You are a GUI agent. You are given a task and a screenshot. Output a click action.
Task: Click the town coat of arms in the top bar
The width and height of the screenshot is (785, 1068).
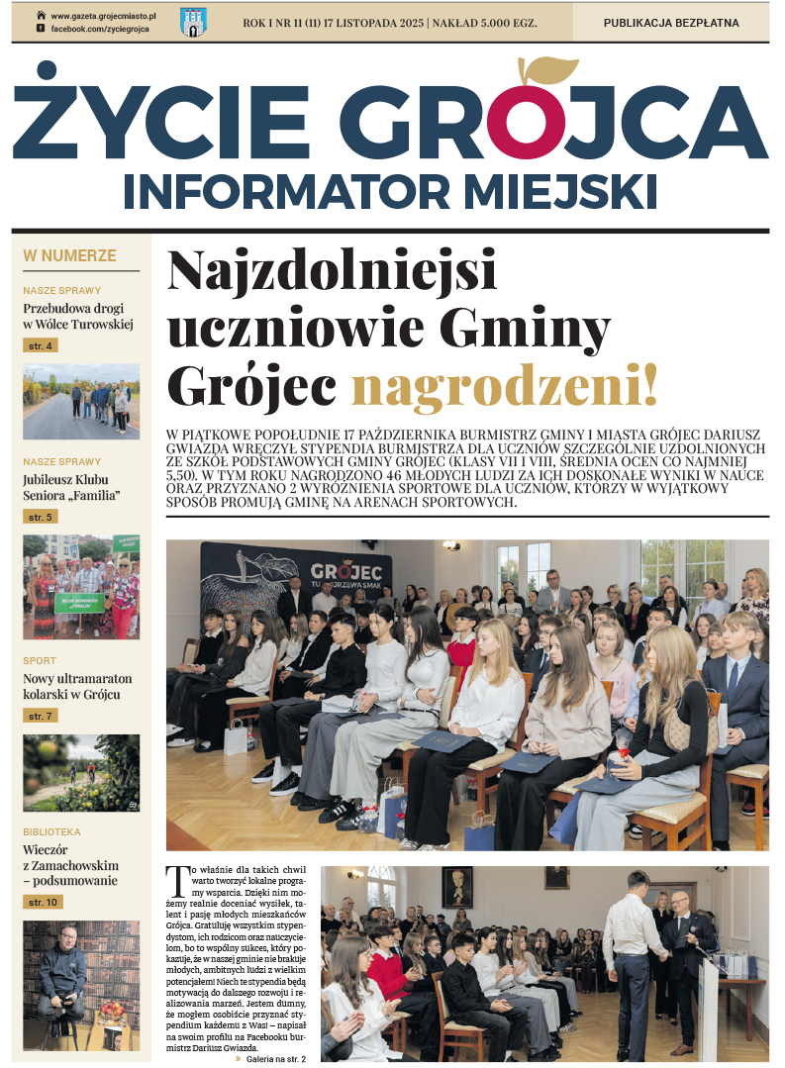pyautogui.click(x=193, y=22)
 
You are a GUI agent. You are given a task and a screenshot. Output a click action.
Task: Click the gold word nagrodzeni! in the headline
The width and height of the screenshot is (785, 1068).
pyautogui.click(x=505, y=387)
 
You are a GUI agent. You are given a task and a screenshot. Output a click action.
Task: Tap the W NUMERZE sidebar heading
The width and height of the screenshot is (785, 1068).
pyautogui.click(x=69, y=256)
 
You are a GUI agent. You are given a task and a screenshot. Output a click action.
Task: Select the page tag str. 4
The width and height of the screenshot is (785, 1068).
pyautogui.click(x=41, y=345)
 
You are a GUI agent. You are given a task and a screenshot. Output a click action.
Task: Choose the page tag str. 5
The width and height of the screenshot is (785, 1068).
pyautogui.click(x=41, y=517)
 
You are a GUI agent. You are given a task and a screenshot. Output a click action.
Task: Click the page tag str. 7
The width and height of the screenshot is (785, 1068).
pyautogui.click(x=41, y=716)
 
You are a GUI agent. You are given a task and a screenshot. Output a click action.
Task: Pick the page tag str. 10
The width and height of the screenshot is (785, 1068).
pyautogui.click(x=44, y=902)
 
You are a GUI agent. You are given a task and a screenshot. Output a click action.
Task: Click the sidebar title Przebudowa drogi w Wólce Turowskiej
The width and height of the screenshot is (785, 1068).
pyautogui.click(x=77, y=316)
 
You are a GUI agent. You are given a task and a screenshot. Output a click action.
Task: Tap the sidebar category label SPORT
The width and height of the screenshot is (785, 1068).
pyautogui.click(x=40, y=660)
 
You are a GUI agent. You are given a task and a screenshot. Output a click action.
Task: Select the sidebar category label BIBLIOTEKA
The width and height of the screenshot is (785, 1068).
pyautogui.click(x=51, y=832)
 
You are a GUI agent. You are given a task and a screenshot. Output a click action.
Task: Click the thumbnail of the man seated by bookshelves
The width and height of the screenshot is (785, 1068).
pyautogui.click(x=81, y=985)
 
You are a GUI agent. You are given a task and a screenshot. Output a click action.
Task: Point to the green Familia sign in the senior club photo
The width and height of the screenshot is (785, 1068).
pyautogui.click(x=78, y=602)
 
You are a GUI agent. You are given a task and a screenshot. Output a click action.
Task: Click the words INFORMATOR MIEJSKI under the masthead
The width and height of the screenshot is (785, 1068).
pyautogui.click(x=390, y=190)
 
